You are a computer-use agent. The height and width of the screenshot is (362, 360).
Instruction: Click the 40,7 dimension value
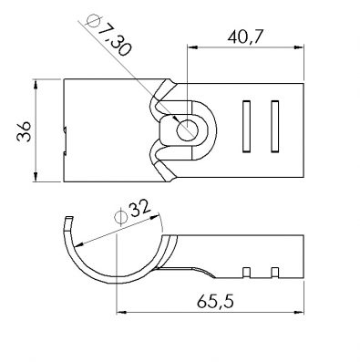[x=244, y=36]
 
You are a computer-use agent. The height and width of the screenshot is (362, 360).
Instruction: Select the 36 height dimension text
[x=24, y=131]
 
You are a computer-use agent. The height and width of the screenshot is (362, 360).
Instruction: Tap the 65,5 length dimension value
[x=215, y=302]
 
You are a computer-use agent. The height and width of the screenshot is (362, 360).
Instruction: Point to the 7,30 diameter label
[x=115, y=40]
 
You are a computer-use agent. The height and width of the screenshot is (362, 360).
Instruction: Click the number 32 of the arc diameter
[x=139, y=208]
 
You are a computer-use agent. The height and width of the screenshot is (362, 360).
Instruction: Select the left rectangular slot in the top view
[x=246, y=126]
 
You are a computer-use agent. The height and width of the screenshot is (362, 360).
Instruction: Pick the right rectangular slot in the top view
[x=275, y=126]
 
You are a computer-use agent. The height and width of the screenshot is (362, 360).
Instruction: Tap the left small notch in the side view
[x=246, y=272]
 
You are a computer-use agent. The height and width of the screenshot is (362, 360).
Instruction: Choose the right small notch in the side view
[x=275, y=272]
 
